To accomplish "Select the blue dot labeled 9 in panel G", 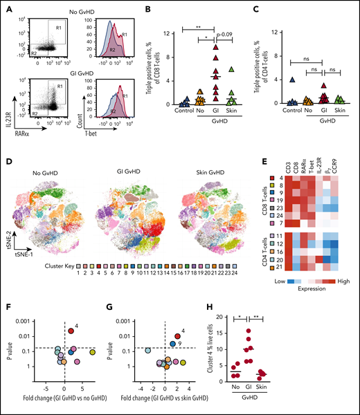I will [172, 343].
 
